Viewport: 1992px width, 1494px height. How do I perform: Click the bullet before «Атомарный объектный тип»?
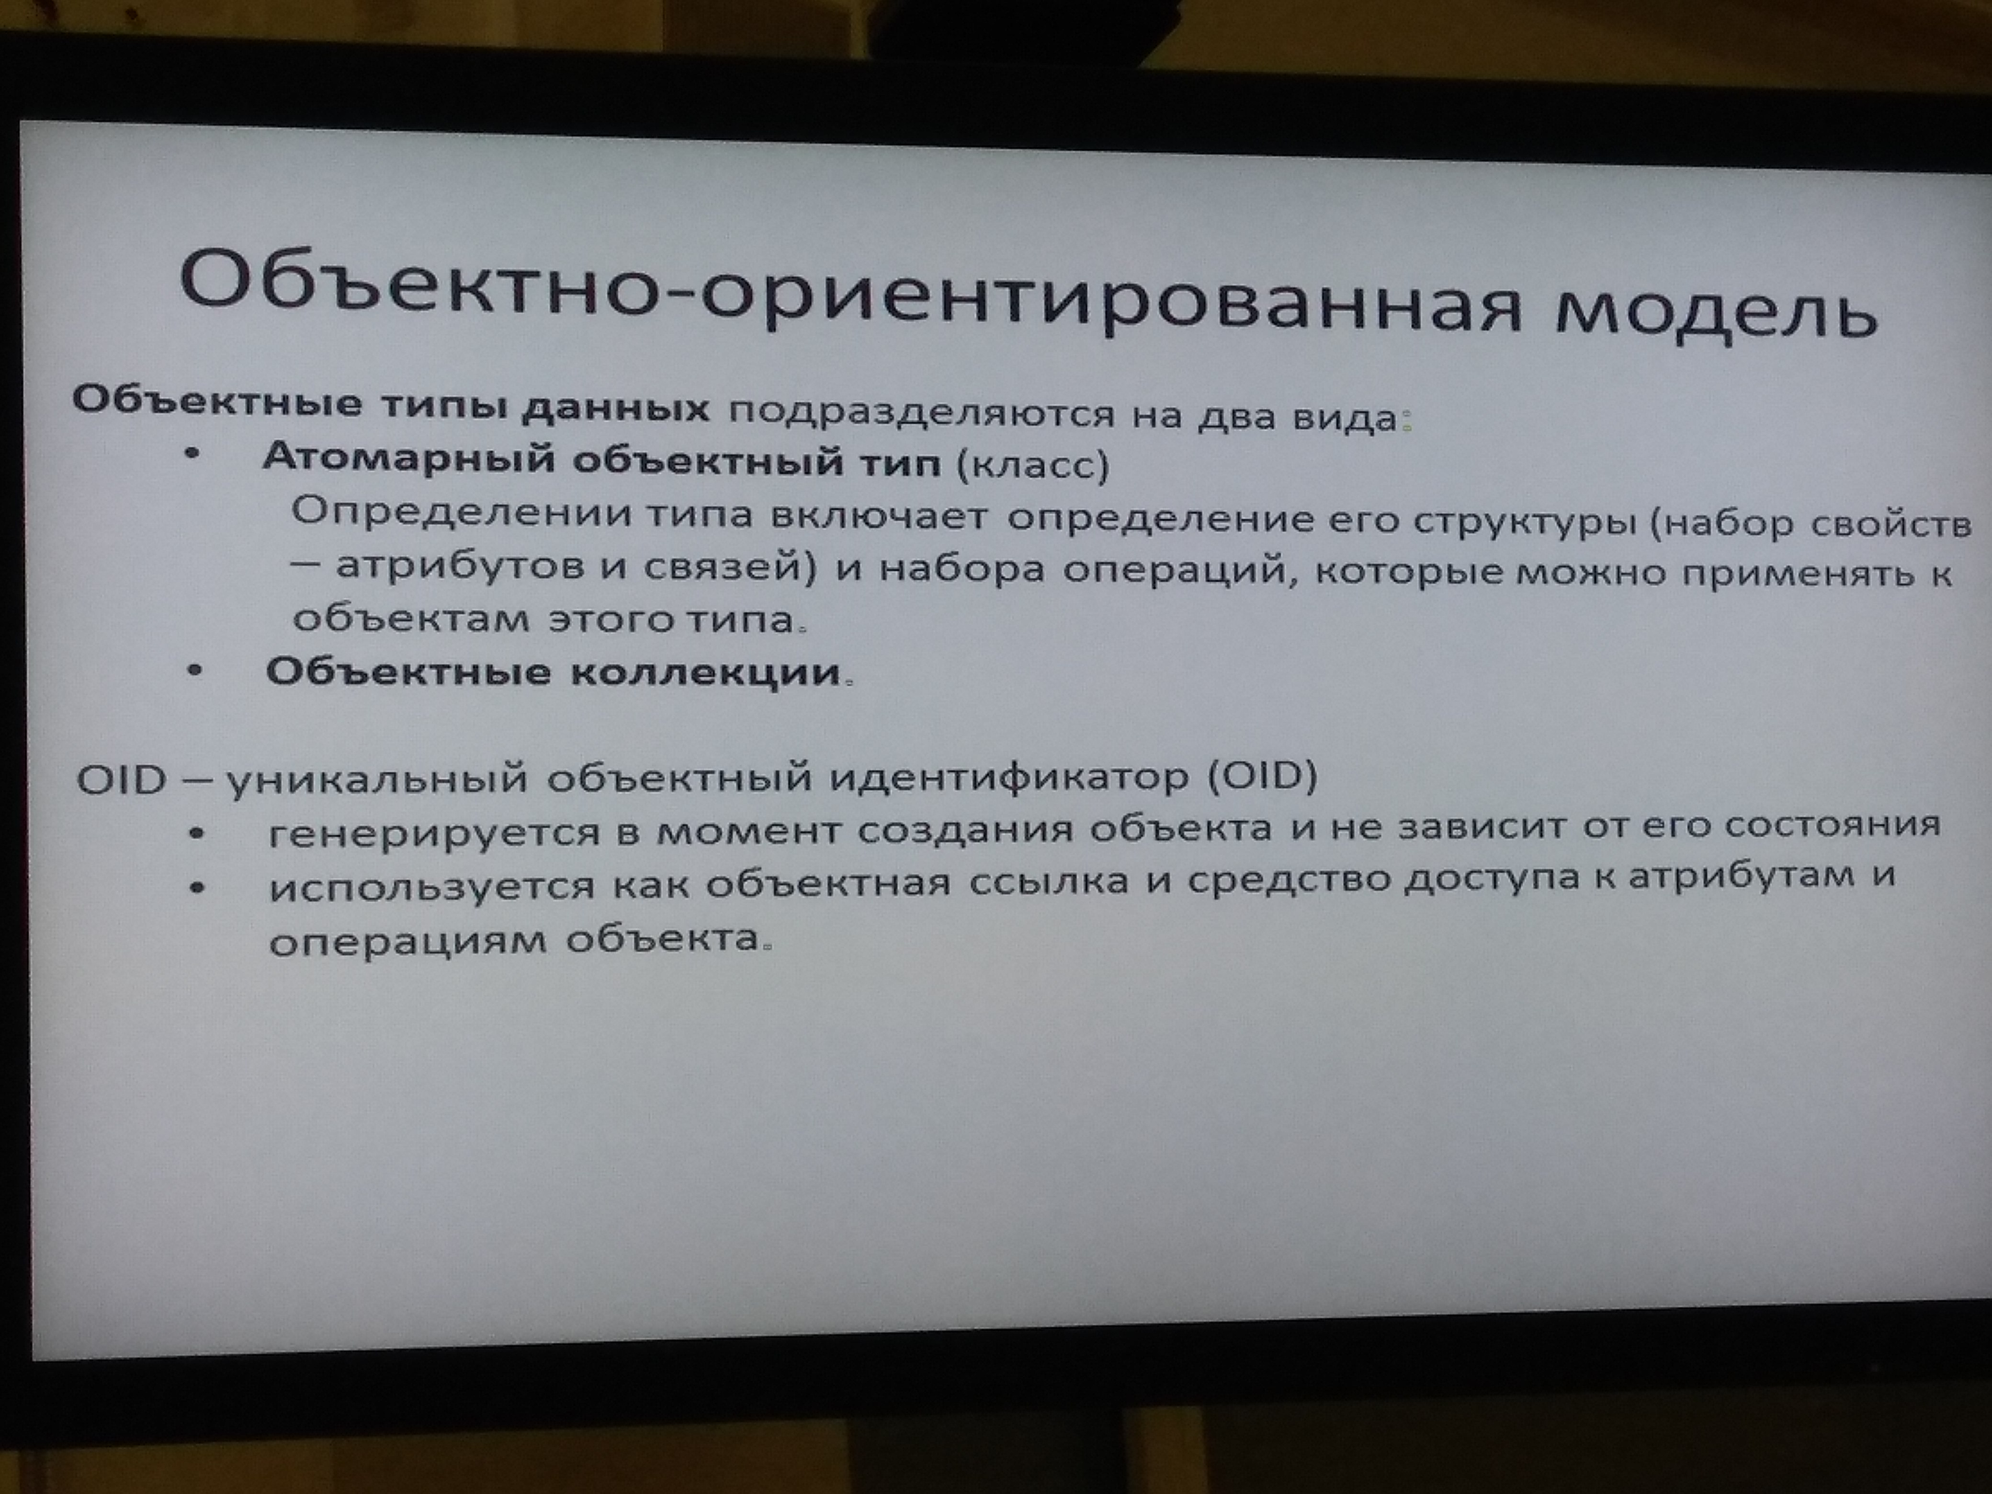192,456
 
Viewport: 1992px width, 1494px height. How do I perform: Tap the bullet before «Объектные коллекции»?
194,670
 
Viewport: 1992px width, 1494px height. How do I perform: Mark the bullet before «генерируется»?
196,834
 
